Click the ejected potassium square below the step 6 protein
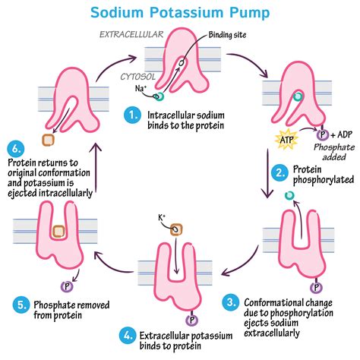tap(48, 141)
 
